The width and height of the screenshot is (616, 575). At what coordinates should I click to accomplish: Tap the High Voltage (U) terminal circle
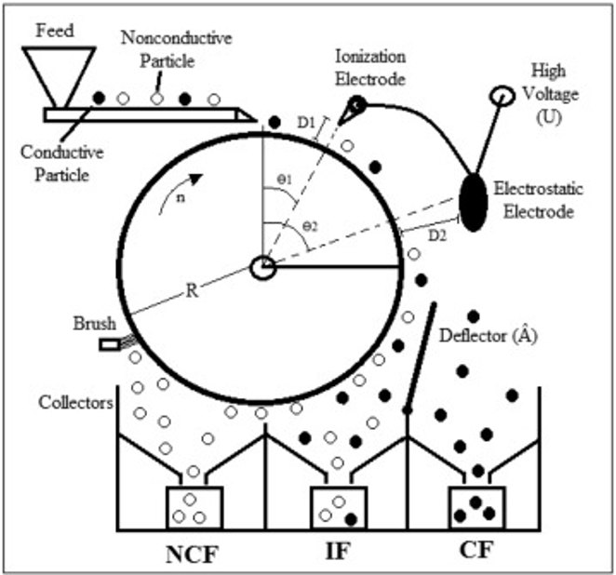pos(502,95)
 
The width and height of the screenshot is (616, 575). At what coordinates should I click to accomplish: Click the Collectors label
pos(76,403)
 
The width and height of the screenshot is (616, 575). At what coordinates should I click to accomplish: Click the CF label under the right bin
pos(475,551)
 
